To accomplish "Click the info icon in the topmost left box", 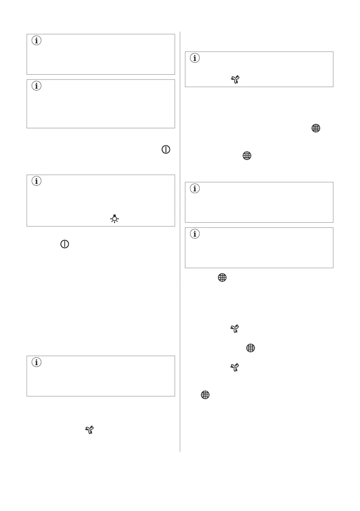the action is coord(36,42).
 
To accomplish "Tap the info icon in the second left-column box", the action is coord(36,86).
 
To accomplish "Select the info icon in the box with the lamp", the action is coord(36,181).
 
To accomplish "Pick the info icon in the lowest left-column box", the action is coord(36,363).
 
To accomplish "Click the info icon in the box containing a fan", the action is coord(195,59).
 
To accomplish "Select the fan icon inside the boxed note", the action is coord(234,79).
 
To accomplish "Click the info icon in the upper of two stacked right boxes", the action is coord(195,189).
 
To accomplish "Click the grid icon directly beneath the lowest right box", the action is coord(222,278).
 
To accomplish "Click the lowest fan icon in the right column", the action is coord(234,368).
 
